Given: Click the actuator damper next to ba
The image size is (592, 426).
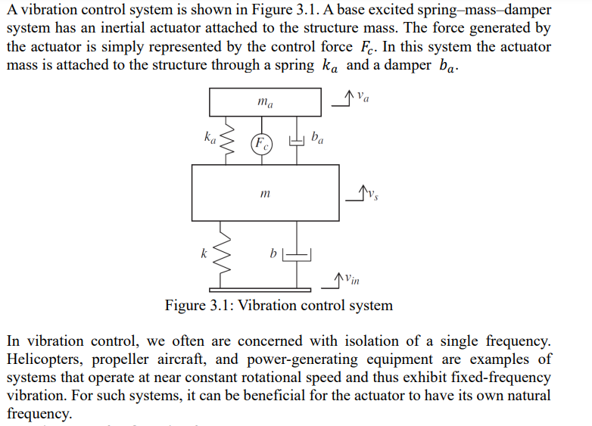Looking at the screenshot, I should pyautogui.click(x=298, y=141).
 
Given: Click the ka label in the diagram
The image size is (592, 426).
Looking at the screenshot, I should pyautogui.click(x=210, y=138).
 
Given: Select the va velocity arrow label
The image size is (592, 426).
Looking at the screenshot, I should pyautogui.click(x=363, y=97).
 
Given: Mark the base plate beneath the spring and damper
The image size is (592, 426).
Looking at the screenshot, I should pyautogui.click(x=260, y=288).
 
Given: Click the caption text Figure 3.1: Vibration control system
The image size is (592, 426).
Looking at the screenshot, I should pyautogui.click(x=279, y=306).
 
